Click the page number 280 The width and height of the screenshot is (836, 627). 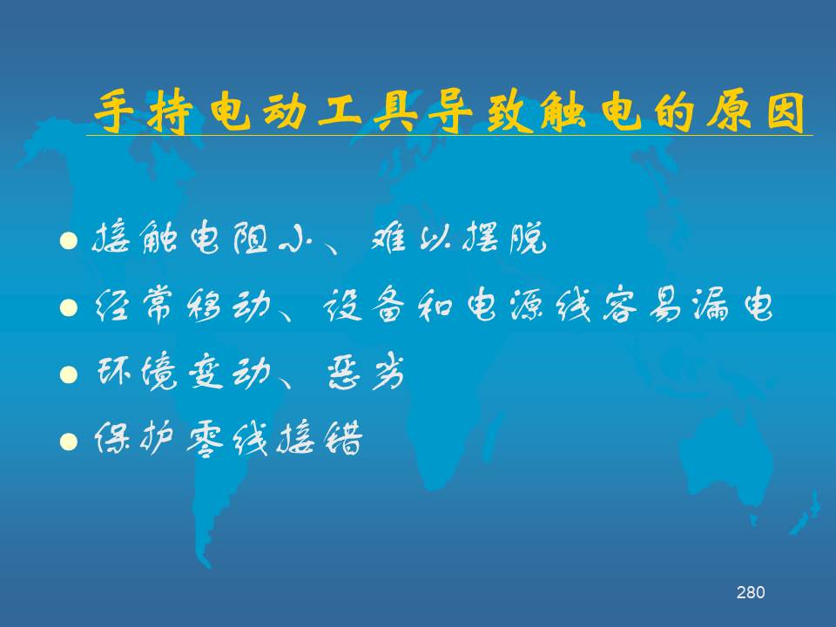pos(750,592)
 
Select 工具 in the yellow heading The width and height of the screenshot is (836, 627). pos(368,112)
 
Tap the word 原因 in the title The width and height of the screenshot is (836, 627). pos(756,112)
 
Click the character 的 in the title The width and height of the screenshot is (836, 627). pos(675,112)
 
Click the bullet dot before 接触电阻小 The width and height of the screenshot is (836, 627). pos(69,241)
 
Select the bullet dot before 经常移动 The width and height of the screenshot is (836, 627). pos(69,307)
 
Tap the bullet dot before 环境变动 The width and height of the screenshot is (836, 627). pos(69,374)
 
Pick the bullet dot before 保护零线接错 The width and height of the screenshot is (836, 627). pos(69,442)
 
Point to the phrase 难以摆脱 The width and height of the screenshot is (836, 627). pos(459,238)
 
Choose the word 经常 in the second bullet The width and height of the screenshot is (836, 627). pos(133,305)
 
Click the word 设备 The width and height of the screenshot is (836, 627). pos(364,305)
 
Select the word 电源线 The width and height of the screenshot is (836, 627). pos(529,305)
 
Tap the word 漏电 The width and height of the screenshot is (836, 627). pos(732,305)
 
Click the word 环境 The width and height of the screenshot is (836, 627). pos(137,371)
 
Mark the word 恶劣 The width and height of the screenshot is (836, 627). pos(366,372)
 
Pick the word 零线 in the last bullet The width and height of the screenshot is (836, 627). pos(226,438)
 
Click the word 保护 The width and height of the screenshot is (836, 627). pos(133,438)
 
